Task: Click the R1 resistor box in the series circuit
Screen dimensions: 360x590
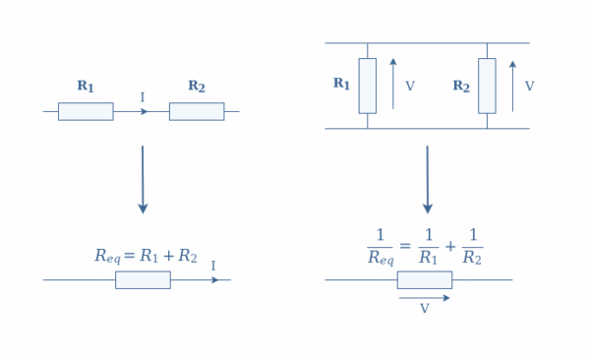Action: (x=86, y=111)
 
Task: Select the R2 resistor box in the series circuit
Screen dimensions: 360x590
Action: (x=197, y=111)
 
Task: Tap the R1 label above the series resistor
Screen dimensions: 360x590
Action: (x=86, y=87)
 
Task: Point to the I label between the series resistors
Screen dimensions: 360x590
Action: (x=142, y=97)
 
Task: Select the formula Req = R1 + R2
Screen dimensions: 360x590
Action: (x=146, y=256)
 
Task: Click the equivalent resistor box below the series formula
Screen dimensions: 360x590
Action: (x=143, y=279)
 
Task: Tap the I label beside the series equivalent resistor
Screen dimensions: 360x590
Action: (x=213, y=266)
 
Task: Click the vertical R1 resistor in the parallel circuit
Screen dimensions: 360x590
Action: (x=367, y=86)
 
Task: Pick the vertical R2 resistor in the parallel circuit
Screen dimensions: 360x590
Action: (x=487, y=86)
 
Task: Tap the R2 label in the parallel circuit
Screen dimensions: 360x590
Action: (x=461, y=86)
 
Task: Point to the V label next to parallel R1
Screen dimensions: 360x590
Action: (x=410, y=87)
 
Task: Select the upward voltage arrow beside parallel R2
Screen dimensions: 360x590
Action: (x=512, y=85)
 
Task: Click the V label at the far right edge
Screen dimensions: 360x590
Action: (x=529, y=87)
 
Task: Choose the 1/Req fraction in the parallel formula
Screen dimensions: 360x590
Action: (x=380, y=247)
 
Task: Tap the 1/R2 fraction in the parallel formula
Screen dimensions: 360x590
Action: (x=472, y=247)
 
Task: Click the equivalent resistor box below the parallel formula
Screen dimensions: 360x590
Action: (x=425, y=279)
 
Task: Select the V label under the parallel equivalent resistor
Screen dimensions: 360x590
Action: (x=425, y=308)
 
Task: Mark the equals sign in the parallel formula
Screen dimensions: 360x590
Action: (x=404, y=246)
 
